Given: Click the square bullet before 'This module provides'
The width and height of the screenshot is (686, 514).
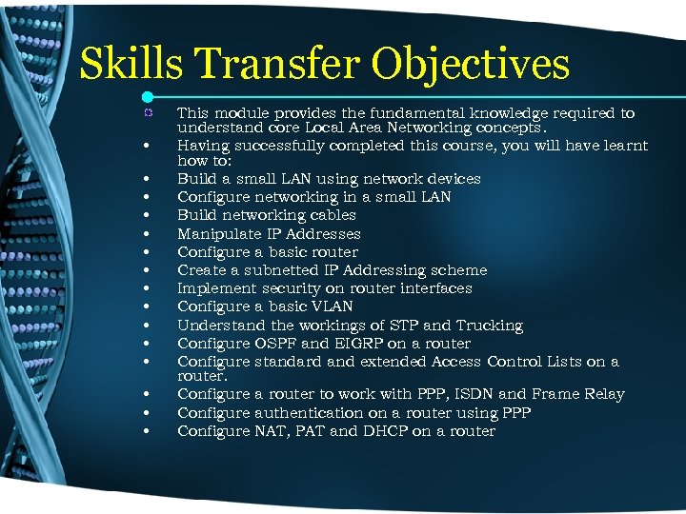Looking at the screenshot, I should [146, 113].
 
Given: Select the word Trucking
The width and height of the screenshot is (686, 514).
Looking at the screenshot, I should [489, 326].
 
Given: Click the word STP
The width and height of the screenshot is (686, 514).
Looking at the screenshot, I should [401, 326].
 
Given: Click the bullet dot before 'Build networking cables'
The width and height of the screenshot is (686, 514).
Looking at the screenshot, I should [146, 216].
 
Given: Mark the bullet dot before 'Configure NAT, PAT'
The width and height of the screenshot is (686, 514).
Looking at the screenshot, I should [146, 432].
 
